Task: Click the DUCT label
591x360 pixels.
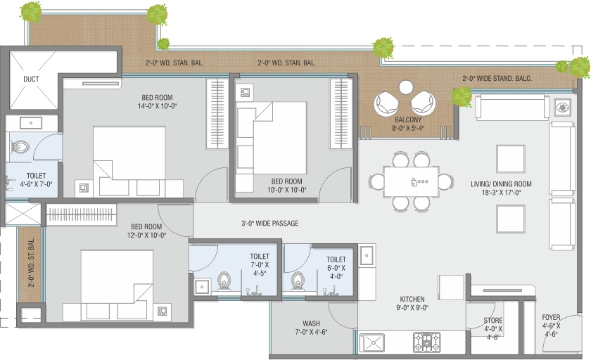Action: point(31,79)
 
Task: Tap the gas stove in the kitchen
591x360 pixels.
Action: point(426,342)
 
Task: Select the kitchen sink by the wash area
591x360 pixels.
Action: point(372,342)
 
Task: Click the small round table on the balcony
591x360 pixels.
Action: point(406,87)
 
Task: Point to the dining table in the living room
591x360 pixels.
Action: point(411,181)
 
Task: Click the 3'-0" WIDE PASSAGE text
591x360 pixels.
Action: point(270,224)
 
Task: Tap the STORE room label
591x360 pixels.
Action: point(493,320)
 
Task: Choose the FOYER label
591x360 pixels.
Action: point(551,317)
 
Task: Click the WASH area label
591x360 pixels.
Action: point(311,323)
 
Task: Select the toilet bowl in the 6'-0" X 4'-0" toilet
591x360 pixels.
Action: point(298,281)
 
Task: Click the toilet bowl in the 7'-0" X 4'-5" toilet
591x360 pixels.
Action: point(224,281)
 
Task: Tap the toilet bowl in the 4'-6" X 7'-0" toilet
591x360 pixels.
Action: point(20,147)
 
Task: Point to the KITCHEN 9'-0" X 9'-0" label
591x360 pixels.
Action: point(412,303)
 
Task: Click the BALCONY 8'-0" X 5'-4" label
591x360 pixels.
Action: point(408,124)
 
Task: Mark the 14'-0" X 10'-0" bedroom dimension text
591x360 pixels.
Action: point(157,106)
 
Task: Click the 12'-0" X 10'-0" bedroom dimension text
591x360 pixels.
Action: point(146,236)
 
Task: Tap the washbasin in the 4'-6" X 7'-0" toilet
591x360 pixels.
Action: point(31,123)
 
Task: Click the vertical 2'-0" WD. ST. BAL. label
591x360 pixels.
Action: point(31,262)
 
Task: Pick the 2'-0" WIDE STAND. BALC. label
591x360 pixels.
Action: point(497,78)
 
